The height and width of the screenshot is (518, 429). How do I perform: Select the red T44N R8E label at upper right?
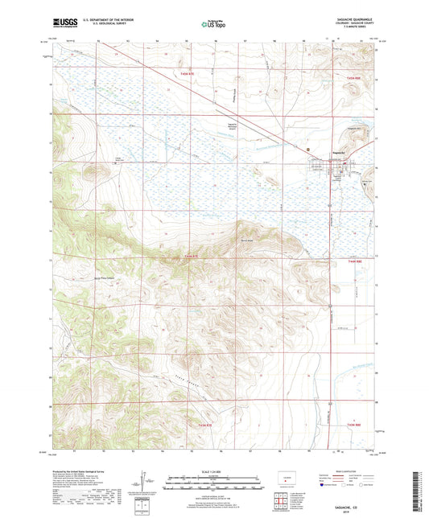point(356,76)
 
